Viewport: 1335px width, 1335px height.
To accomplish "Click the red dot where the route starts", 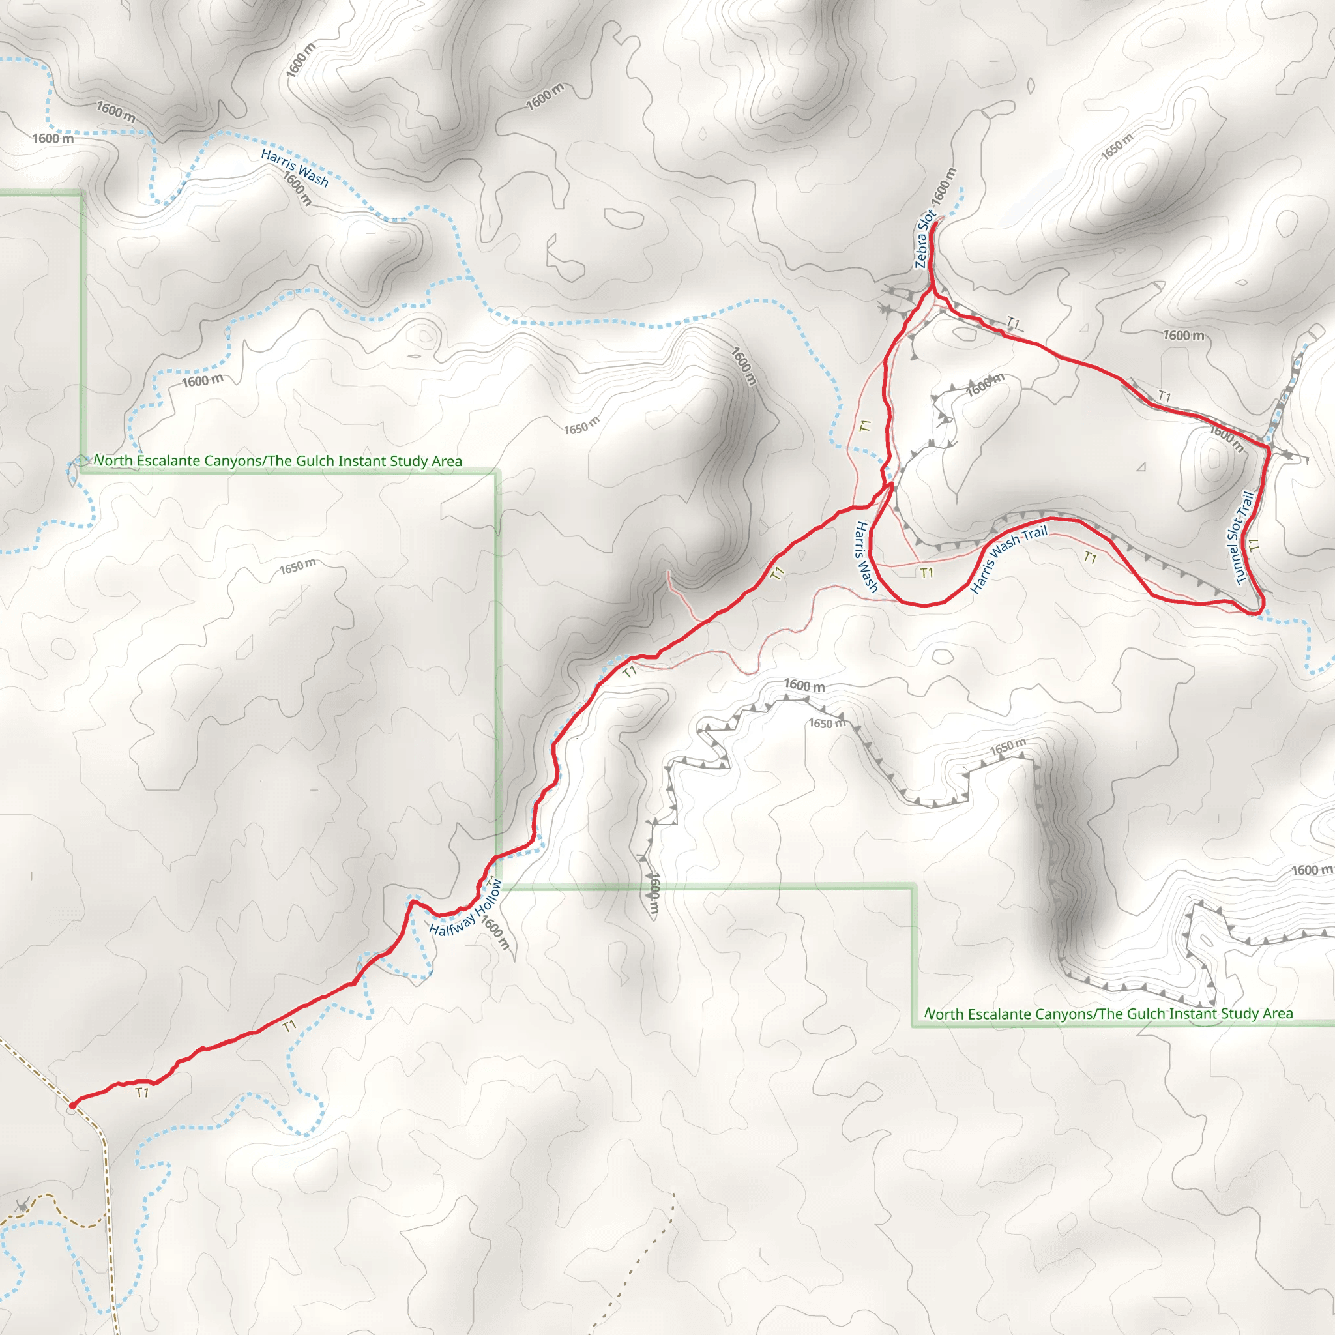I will tap(72, 1106).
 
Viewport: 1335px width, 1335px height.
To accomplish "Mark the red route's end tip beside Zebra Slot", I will tap(935, 222).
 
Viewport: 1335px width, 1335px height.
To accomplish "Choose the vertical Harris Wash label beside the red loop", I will tap(866, 557).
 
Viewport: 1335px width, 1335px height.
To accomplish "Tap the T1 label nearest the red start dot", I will tap(142, 1093).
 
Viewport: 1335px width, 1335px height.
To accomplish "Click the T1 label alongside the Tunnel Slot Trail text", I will tap(1254, 545).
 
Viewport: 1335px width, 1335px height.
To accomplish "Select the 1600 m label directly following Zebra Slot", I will tap(944, 186).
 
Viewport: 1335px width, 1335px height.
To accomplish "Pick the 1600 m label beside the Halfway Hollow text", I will tap(495, 933).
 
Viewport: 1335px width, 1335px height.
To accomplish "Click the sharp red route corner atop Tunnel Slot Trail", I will tap(1269, 448).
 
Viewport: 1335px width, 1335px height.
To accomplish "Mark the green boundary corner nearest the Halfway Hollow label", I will tap(496, 887).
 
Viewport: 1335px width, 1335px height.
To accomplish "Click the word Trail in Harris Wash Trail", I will tap(1035, 533).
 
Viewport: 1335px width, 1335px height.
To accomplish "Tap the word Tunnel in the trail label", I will tap(1237, 563).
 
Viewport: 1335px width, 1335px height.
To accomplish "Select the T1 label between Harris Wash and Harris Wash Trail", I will tap(927, 572).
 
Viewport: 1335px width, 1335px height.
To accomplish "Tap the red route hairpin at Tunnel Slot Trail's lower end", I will tap(1259, 612).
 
